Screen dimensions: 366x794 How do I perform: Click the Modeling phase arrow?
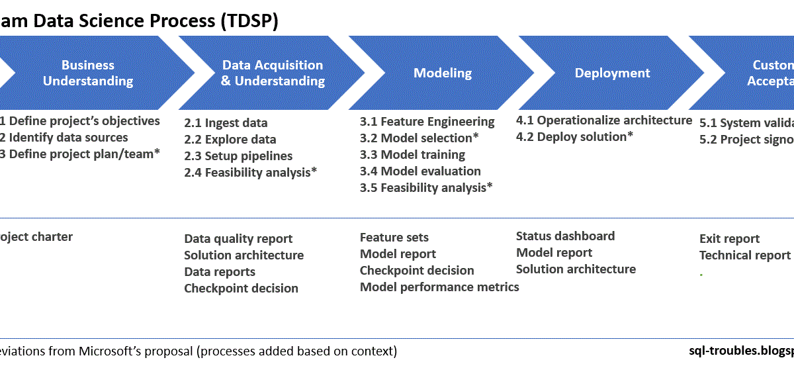443,73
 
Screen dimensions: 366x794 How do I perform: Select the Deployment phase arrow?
612,73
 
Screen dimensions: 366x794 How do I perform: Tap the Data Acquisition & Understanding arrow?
273,73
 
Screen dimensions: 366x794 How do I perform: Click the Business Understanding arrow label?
88,73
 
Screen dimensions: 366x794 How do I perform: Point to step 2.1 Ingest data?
226,123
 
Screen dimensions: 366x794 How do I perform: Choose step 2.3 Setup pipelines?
238,156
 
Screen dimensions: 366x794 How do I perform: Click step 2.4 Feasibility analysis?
250,173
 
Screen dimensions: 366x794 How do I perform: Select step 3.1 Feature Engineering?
427,122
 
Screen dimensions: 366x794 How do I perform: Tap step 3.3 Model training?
412,155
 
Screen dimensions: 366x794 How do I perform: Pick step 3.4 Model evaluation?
420,171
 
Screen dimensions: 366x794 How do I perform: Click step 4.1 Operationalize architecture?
603,120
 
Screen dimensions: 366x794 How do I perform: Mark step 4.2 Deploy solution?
574,137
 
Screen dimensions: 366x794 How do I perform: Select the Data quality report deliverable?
238,239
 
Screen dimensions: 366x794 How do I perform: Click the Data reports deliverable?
219,272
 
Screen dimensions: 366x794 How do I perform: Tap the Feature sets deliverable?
394,238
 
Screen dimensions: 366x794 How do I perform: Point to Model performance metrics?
439,287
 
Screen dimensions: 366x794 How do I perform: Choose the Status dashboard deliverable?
565,236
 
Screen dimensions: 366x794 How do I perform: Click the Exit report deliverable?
729,239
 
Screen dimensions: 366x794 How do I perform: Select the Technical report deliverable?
744,255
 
